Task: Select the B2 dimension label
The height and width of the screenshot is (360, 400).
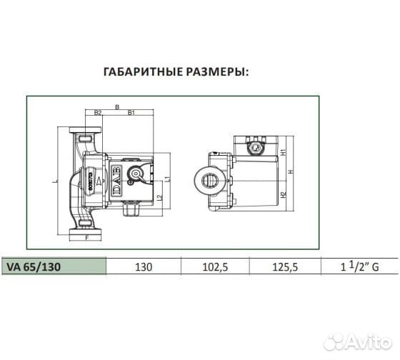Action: click(98, 113)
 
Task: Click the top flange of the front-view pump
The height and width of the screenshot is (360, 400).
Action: click(88, 133)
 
